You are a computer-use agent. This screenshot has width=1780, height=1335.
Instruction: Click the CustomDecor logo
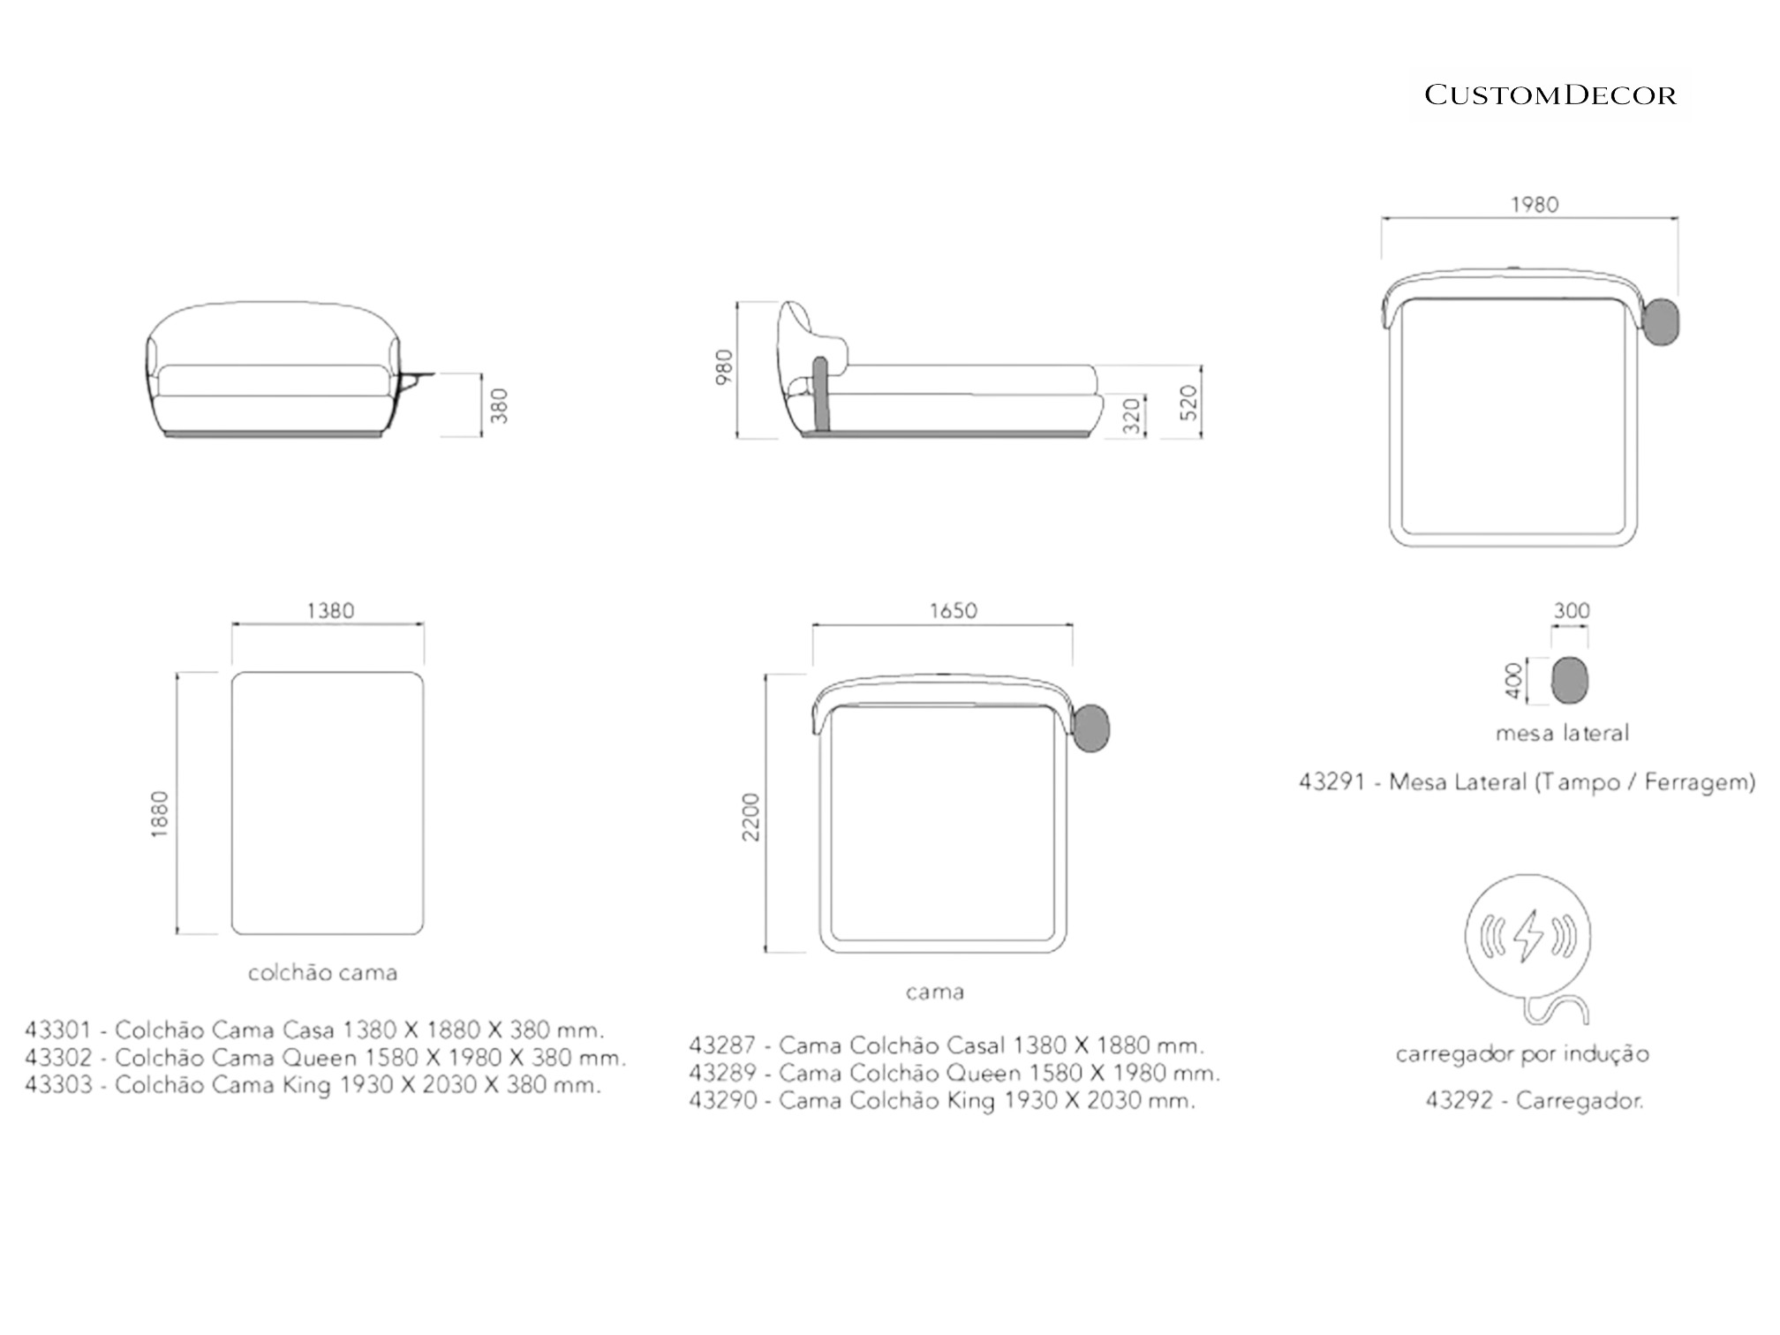(1550, 95)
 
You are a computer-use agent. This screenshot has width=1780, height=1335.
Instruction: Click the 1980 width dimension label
(1535, 205)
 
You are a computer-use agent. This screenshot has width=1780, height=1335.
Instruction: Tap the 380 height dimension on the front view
(500, 406)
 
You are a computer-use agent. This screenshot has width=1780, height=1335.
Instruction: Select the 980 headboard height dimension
(724, 367)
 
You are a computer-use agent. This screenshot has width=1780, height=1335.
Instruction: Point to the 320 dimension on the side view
(1132, 415)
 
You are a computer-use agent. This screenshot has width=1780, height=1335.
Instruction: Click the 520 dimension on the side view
(1188, 403)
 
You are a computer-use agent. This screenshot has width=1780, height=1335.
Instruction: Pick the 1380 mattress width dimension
(330, 611)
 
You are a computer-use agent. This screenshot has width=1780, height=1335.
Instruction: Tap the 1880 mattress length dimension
(160, 814)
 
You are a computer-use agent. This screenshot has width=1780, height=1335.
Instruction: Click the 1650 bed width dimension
(954, 611)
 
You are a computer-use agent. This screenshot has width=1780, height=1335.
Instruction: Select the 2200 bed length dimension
(750, 818)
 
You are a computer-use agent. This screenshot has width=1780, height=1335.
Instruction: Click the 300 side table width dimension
(1572, 611)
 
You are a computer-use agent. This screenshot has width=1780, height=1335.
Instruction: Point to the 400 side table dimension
(1514, 682)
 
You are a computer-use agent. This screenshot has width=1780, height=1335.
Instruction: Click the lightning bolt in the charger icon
(1527, 936)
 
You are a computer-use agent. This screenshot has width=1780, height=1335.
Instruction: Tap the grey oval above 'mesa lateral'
(1570, 681)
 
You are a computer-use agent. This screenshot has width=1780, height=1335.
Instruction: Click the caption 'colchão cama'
(322, 973)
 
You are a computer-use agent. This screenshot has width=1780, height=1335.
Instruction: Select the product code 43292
(1459, 1101)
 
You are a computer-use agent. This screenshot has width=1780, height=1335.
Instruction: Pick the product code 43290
(723, 1101)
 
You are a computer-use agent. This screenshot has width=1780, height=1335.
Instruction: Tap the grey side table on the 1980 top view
(1661, 321)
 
